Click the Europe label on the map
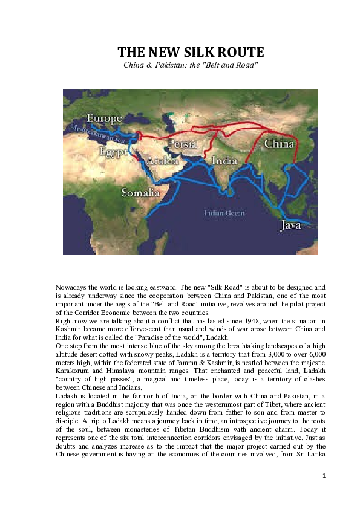point(105,118)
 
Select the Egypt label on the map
point(113,152)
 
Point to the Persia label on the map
point(182,144)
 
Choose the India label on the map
point(224,161)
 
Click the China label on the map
point(279,144)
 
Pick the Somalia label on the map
point(140,193)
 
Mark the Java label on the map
point(290,225)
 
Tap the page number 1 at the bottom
point(324,476)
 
